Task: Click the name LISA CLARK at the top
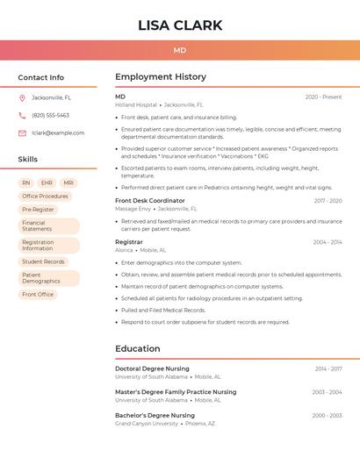(x=180, y=25)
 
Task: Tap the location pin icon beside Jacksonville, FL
(x=22, y=97)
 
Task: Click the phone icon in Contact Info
(x=22, y=115)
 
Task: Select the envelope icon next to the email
(x=22, y=133)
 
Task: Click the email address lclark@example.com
(x=58, y=133)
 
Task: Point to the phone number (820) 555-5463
(x=50, y=115)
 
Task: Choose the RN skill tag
(x=25, y=183)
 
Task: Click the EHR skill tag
(x=47, y=183)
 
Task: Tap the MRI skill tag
(x=68, y=183)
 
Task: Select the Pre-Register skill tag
(x=38, y=210)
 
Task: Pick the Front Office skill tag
(x=38, y=294)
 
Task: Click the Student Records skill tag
(x=43, y=261)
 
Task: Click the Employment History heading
(x=160, y=77)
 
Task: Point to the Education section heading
(x=137, y=349)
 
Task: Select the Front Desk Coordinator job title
(x=150, y=201)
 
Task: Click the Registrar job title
(x=129, y=242)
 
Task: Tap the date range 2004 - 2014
(x=327, y=242)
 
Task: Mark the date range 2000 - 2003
(x=327, y=415)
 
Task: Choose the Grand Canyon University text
(x=147, y=424)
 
